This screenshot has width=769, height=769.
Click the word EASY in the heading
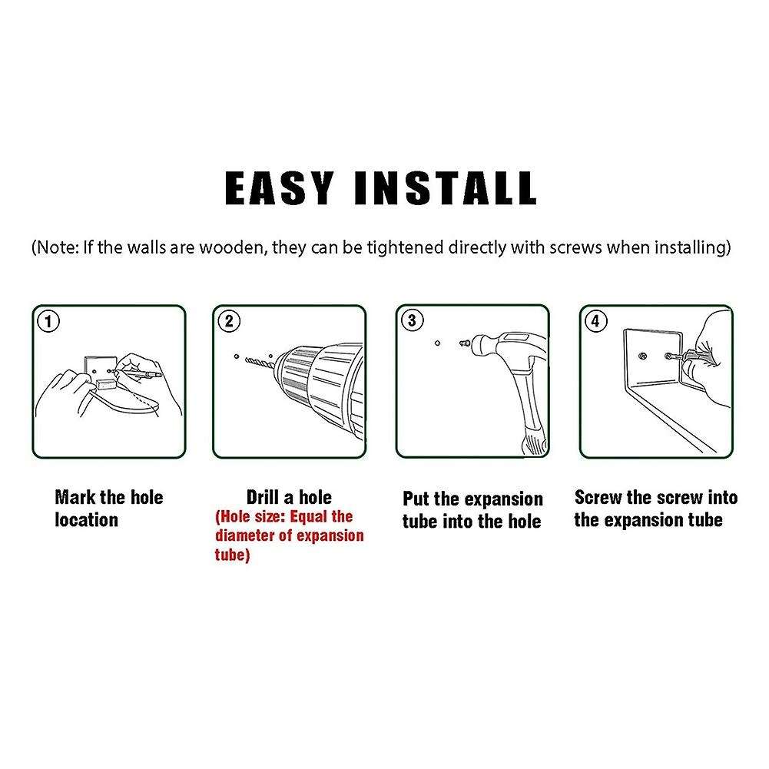279,188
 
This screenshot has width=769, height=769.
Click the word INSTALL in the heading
446,188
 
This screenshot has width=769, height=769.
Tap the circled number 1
48,322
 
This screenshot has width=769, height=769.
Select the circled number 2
229,321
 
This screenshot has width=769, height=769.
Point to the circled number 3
412,320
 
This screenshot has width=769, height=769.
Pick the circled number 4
595,321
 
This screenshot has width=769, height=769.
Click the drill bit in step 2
259,361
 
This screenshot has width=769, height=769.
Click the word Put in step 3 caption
416,499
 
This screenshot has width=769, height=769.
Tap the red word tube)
233,555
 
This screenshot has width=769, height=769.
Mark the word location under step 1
86,520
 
